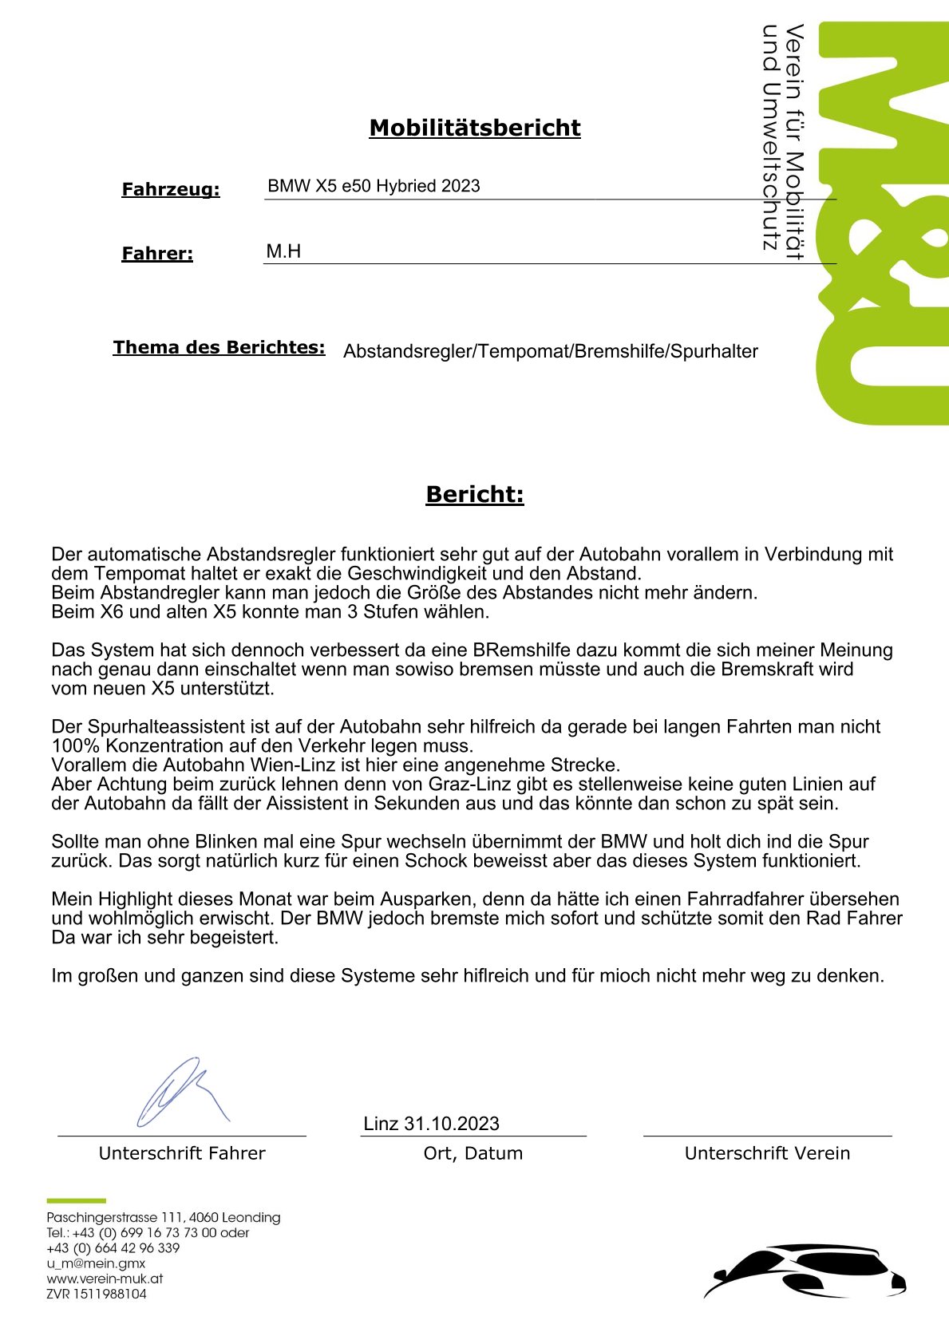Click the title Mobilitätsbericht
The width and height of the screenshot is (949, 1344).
click(474, 128)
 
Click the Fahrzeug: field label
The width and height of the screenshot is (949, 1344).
click(170, 190)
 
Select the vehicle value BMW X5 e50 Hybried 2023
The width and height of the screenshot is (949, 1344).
click(374, 186)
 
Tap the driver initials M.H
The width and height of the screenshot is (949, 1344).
click(283, 251)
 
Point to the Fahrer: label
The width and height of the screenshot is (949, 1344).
click(157, 254)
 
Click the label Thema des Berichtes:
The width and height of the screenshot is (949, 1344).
click(219, 347)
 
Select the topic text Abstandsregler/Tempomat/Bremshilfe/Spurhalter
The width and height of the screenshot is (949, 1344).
click(550, 351)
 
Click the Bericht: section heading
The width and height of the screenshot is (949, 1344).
click(474, 494)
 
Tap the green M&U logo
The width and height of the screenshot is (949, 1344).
click(882, 223)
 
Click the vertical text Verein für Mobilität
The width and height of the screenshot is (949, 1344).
click(794, 141)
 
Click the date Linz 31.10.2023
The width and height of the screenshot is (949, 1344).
click(431, 1124)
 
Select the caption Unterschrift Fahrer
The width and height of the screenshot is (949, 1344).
click(182, 1153)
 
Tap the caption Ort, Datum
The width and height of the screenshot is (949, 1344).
click(473, 1153)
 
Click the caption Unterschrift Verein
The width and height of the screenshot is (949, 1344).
click(767, 1153)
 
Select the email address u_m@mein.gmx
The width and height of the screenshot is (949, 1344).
click(96, 1263)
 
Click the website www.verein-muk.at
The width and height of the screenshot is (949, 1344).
click(105, 1279)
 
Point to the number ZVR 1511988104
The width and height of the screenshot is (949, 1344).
click(97, 1294)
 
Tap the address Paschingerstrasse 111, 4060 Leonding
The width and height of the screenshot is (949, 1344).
click(164, 1218)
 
